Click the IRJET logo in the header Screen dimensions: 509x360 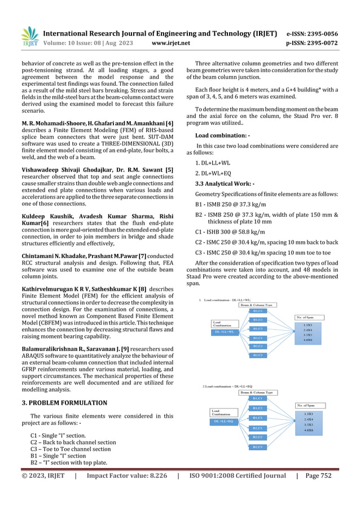pyautogui.click(x=29, y=37)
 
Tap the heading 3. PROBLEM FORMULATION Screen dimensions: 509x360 pyautogui.click(x=64, y=403)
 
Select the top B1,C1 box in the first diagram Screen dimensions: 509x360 pyautogui.click(x=257, y=311)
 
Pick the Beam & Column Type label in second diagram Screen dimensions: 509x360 pyautogui.click(x=257, y=392)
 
